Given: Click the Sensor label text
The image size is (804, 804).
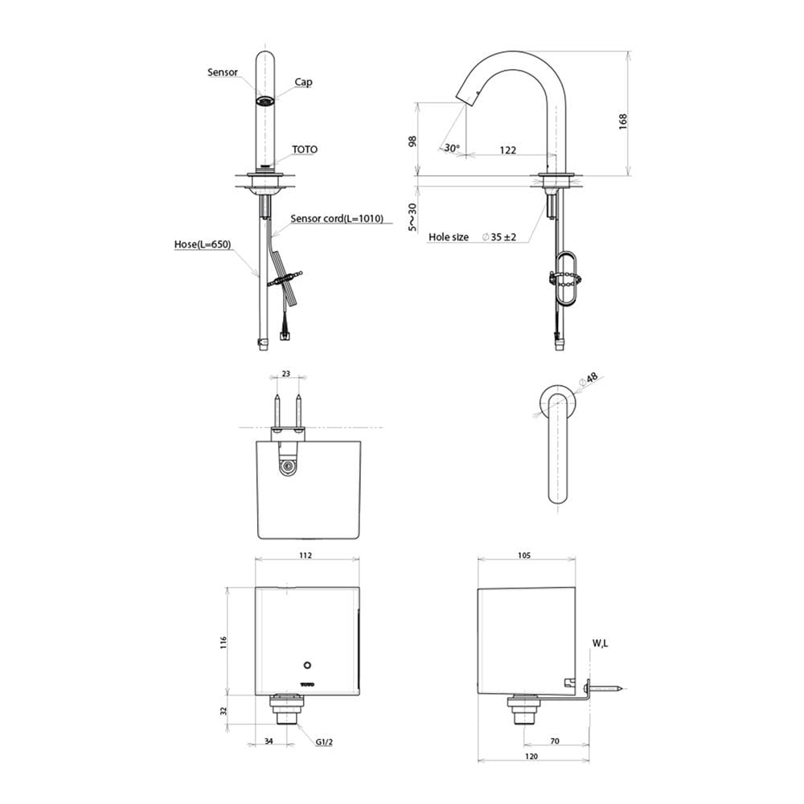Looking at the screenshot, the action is (x=223, y=72).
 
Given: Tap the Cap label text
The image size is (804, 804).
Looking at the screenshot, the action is (x=304, y=82).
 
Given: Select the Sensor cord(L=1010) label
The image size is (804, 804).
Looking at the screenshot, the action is (x=337, y=219).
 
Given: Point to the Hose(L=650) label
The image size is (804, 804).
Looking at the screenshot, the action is (x=203, y=244).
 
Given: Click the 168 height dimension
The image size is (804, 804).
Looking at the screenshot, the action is (x=622, y=121).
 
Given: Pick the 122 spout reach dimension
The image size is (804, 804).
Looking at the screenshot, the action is (x=507, y=150).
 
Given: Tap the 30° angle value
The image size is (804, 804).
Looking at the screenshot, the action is (x=452, y=148).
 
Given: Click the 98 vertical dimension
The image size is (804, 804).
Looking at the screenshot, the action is (x=412, y=142).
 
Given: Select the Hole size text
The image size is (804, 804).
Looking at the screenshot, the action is (x=449, y=237).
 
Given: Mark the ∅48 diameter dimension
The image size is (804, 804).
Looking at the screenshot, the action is (x=589, y=379).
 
